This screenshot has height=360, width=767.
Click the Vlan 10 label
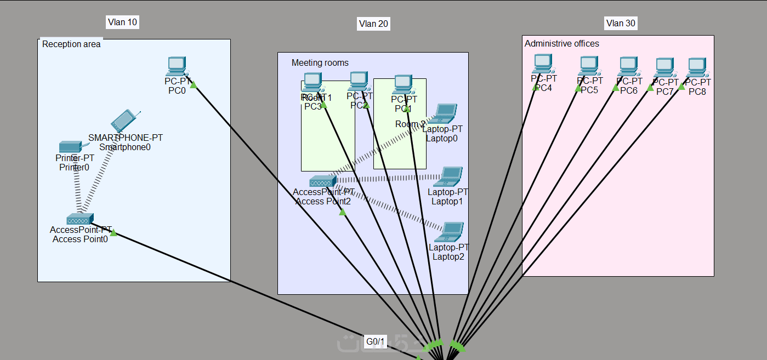pyautogui.click(x=122, y=22)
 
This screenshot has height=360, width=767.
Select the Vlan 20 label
pyautogui.click(x=373, y=24)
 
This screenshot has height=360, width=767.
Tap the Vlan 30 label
pyautogui.click(x=621, y=23)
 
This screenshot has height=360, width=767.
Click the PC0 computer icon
pyautogui.click(x=177, y=66)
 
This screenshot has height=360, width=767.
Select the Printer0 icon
pyautogui.click(x=70, y=147)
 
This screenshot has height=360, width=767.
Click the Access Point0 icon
pyautogui.click(x=80, y=219)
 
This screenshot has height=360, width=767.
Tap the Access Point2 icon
pyautogui.click(x=322, y=181)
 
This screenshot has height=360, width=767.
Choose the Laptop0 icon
pyautogui.click(x=445, y=113)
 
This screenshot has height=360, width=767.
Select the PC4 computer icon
pyautogui.click(x=543, y=64)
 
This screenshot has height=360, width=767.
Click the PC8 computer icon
pyautogui.click(x=697, y=67)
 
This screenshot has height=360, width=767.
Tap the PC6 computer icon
pyautogui.click(x=628, y=67)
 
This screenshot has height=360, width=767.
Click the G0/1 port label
pyautogui.click(x=376, y=342)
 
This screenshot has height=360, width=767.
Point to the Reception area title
pyautogui.click(x=71, y=44)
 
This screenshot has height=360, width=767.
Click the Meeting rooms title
pyautogui.click(x=320, y=63)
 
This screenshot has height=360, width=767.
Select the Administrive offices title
pyautogui.click(x=562, y=43)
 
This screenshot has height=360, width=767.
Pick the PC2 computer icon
pyautogui.click(x=359, y=81)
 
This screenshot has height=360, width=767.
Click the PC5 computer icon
pyautogui.click(x=589, y=66)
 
